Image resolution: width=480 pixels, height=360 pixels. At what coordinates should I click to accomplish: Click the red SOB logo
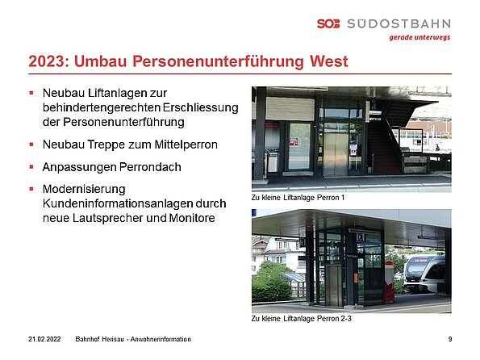tap(328, 23)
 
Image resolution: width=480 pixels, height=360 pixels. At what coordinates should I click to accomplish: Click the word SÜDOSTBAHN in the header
tap(399, 23)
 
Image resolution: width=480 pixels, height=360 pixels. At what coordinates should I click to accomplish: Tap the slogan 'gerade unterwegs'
tap(419, 37)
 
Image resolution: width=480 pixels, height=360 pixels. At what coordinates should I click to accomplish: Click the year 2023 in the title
tap(47, 61)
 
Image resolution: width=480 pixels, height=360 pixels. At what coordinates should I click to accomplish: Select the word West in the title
tap(329, 61)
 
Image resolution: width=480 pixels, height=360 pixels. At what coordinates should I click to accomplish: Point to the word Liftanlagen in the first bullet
tap(118, 93)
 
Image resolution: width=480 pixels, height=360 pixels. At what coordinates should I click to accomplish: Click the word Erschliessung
tap(201, 107)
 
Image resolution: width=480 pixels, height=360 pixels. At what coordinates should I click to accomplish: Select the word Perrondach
tap(150, 167)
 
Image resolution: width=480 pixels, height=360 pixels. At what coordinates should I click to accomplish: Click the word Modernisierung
tap(84, 190)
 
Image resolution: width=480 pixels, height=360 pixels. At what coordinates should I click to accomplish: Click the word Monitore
tap(192, 218)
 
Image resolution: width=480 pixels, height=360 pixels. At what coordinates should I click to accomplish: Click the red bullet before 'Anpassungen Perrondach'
tap(31, 167)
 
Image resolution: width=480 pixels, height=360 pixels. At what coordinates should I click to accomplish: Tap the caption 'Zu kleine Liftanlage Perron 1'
tap(298, 198)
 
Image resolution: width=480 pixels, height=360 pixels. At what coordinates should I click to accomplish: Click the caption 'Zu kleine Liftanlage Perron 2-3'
tap(302, 319)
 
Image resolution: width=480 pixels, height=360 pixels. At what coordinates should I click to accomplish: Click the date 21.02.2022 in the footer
tap(44, 339)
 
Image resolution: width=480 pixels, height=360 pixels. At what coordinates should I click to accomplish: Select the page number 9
tap(450, 339)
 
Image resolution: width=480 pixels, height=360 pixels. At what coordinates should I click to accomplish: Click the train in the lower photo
tap(424, 274)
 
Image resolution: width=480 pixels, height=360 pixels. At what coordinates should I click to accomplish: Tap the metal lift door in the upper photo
tap(336, 154)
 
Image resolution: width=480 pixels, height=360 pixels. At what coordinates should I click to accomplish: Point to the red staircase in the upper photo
tap(383, 147)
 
